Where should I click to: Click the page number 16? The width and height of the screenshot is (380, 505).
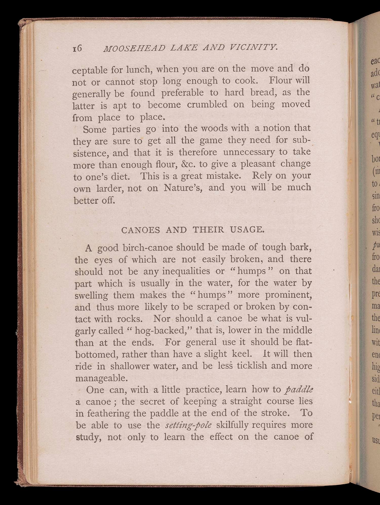[77, 48]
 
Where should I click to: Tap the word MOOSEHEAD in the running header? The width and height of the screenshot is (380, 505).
[134, 48]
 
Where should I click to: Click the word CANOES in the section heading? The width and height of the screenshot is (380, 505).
[141, 230]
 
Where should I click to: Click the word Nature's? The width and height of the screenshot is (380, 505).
[183, 188]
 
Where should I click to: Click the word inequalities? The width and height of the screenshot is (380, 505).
[186, 271]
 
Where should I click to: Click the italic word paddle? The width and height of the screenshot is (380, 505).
[299, 389]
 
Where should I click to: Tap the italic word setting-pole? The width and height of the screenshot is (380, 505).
[188, 425]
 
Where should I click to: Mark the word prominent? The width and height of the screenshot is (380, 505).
[288, 295]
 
